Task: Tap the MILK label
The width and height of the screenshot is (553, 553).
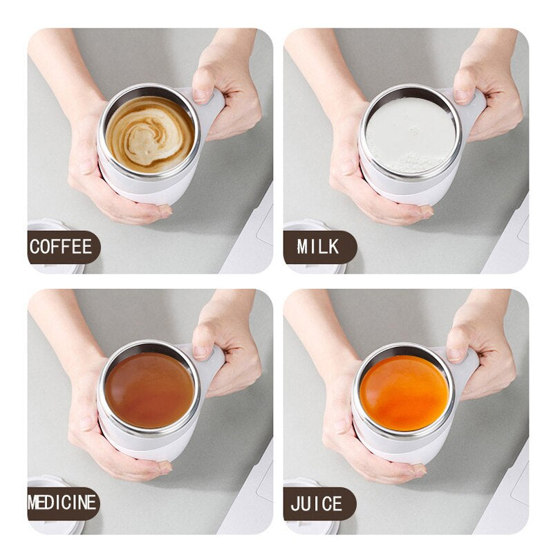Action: click(319, 247)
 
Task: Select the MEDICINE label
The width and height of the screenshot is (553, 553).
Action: click(63, 503)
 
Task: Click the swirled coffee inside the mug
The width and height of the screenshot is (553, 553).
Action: click(150, 133)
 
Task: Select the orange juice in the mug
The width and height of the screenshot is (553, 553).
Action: click(404, 392)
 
